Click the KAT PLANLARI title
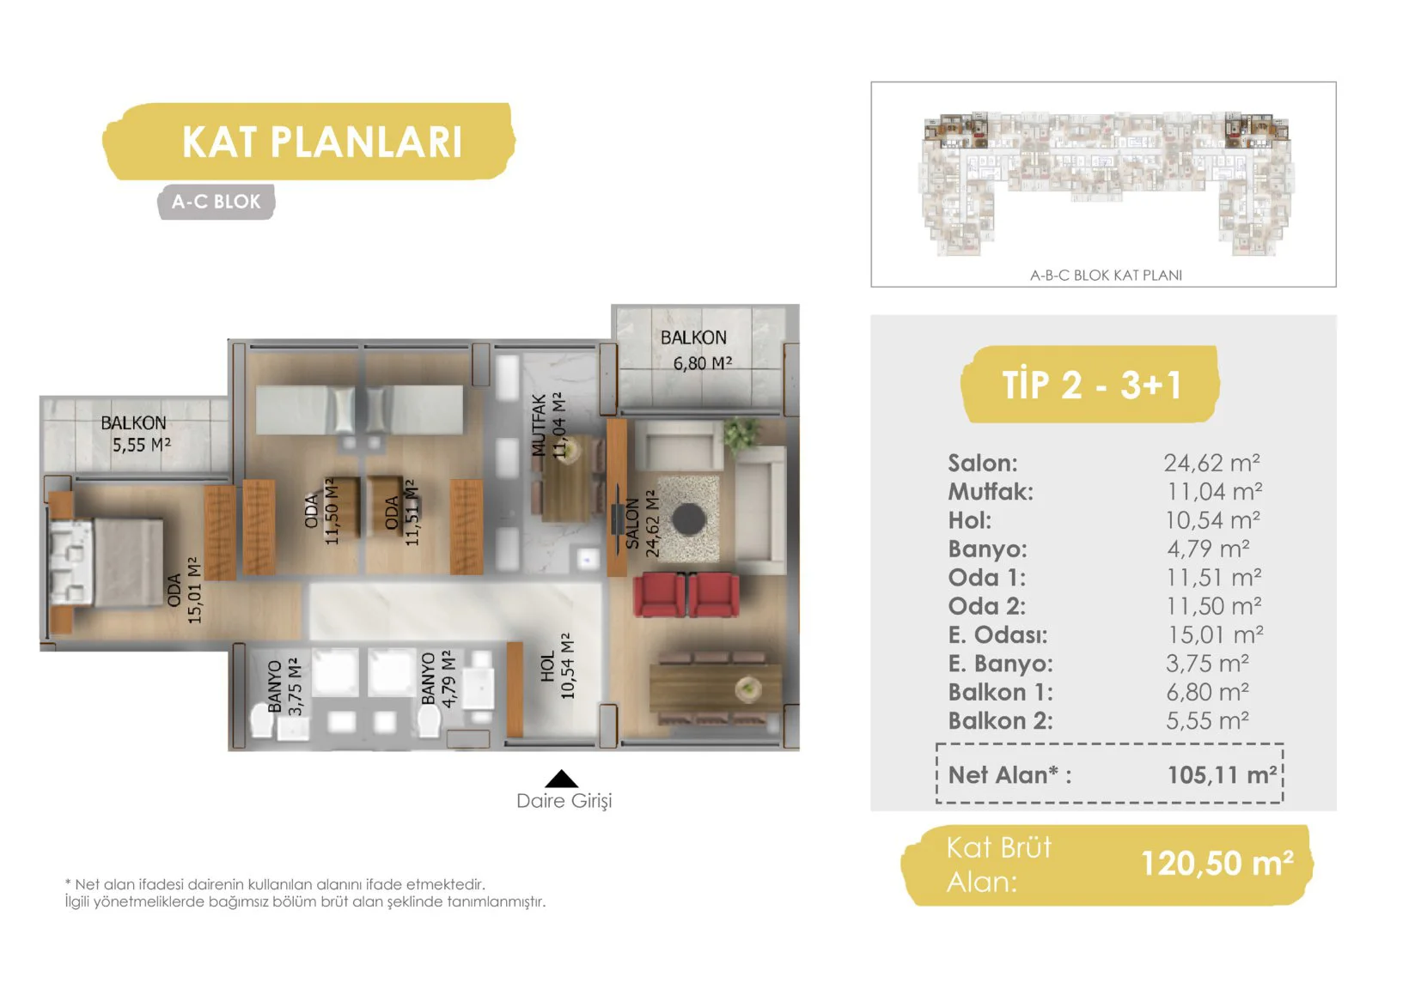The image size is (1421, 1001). click(x=321, y=142)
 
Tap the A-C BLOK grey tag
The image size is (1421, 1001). click(x=216, y=202)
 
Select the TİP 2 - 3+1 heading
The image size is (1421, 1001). click(x=1091, y=385)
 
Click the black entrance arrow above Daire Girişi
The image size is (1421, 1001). click(x=561, y=779)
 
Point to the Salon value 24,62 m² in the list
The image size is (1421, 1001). click(x=1211, y=464)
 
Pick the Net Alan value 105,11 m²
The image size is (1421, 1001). click(x=1222, y=774)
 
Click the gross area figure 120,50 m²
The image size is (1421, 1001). click(x=1217, y=863)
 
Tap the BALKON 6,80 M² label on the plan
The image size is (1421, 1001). click(x=697, y=350)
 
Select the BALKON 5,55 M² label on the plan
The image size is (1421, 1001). click(x=137, y=434)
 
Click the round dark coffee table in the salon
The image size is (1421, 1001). click(x=688, y=519)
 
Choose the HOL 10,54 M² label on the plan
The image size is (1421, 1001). click(x=558, y=666)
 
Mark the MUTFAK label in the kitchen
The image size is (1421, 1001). click(x=539, y=425)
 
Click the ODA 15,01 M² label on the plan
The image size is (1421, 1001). click(x=185, y=590)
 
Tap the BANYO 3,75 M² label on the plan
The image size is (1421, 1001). click(x=284, y=687)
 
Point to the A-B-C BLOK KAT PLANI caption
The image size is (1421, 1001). click(x=1106, y=275)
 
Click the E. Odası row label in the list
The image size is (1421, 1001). click(x=997, y=634)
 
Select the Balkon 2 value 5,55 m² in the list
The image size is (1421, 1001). click(x=1207, y=721)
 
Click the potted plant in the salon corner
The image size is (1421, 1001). click(x=741, y=434)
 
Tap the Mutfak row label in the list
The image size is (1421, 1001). click(x=991, y=492)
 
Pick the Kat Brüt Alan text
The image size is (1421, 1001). click(x=998, y=864)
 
